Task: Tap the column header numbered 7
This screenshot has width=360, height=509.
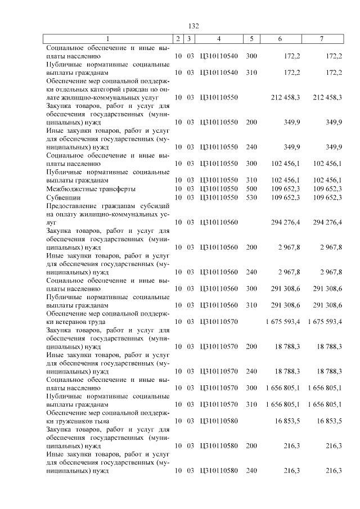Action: point(321,39)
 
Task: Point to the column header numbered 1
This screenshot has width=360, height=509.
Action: point(108,39)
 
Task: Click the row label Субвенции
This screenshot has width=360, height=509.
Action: point(63,197)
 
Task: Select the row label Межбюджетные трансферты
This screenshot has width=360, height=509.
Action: point(91,189)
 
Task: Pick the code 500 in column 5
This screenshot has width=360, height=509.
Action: point(251,189)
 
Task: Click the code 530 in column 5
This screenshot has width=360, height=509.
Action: point(251,197)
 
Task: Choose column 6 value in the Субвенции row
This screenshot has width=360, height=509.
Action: point(285,197)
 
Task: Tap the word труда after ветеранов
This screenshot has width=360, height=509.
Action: point(91,321)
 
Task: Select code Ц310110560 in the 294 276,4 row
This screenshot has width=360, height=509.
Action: point(219,222)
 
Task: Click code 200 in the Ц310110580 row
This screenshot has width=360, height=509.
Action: point(251,445)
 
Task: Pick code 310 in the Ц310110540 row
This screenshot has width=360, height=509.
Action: point(251,73)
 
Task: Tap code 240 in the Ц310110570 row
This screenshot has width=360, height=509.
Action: point(251,371)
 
